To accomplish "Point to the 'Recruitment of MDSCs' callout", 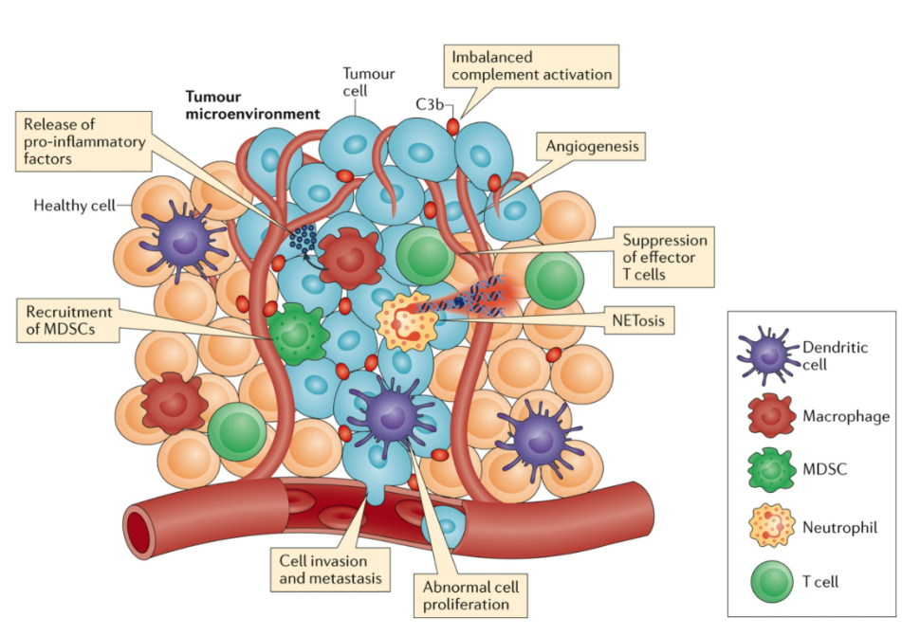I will [69, 320].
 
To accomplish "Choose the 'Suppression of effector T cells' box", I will [665, 257].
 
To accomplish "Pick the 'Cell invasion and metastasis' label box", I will [330, 568].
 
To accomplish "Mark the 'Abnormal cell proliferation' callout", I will [469, 595].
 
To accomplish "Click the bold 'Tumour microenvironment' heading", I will [252, 105].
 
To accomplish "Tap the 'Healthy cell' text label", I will [73, 205].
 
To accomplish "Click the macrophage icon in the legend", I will [767, 414].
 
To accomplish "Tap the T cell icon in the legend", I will [767, 580].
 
